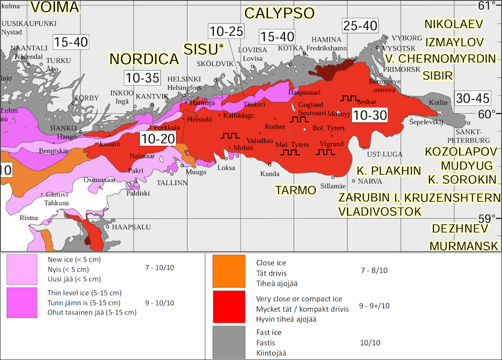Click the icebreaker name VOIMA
pyautogui.click(x=54, y=7)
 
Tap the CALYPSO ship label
pyautogui.click(x=279, y=13)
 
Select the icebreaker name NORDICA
pyautogui.click(x=144, y=59)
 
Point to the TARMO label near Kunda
pyautogui.click(x=295, y=190)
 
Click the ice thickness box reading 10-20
pyautogui.click(x=157, y=139)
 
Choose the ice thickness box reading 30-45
pyautogui.click(x=472, y=98)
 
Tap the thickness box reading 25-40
pyautogui.click(x=360, y=26)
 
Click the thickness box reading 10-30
pyautogui.click(x=371, y=116)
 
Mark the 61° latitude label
pyautogui.click(x=487, y=5)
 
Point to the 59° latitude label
pyautogui.click(x=488, y=218)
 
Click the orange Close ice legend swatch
pyautogui.click(x=228, y=271)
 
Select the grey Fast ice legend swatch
pyautogui.click(x=228, y=342)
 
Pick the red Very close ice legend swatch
pyautogui.click(x=228, y=307)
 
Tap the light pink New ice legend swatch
pyautogui.click(x=22, y=269)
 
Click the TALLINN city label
pyautogui.click(x=172, y=183)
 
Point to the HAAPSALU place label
pyautogui.click(x=131, y=227)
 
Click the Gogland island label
pyautogui.click(x=311, y=105)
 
